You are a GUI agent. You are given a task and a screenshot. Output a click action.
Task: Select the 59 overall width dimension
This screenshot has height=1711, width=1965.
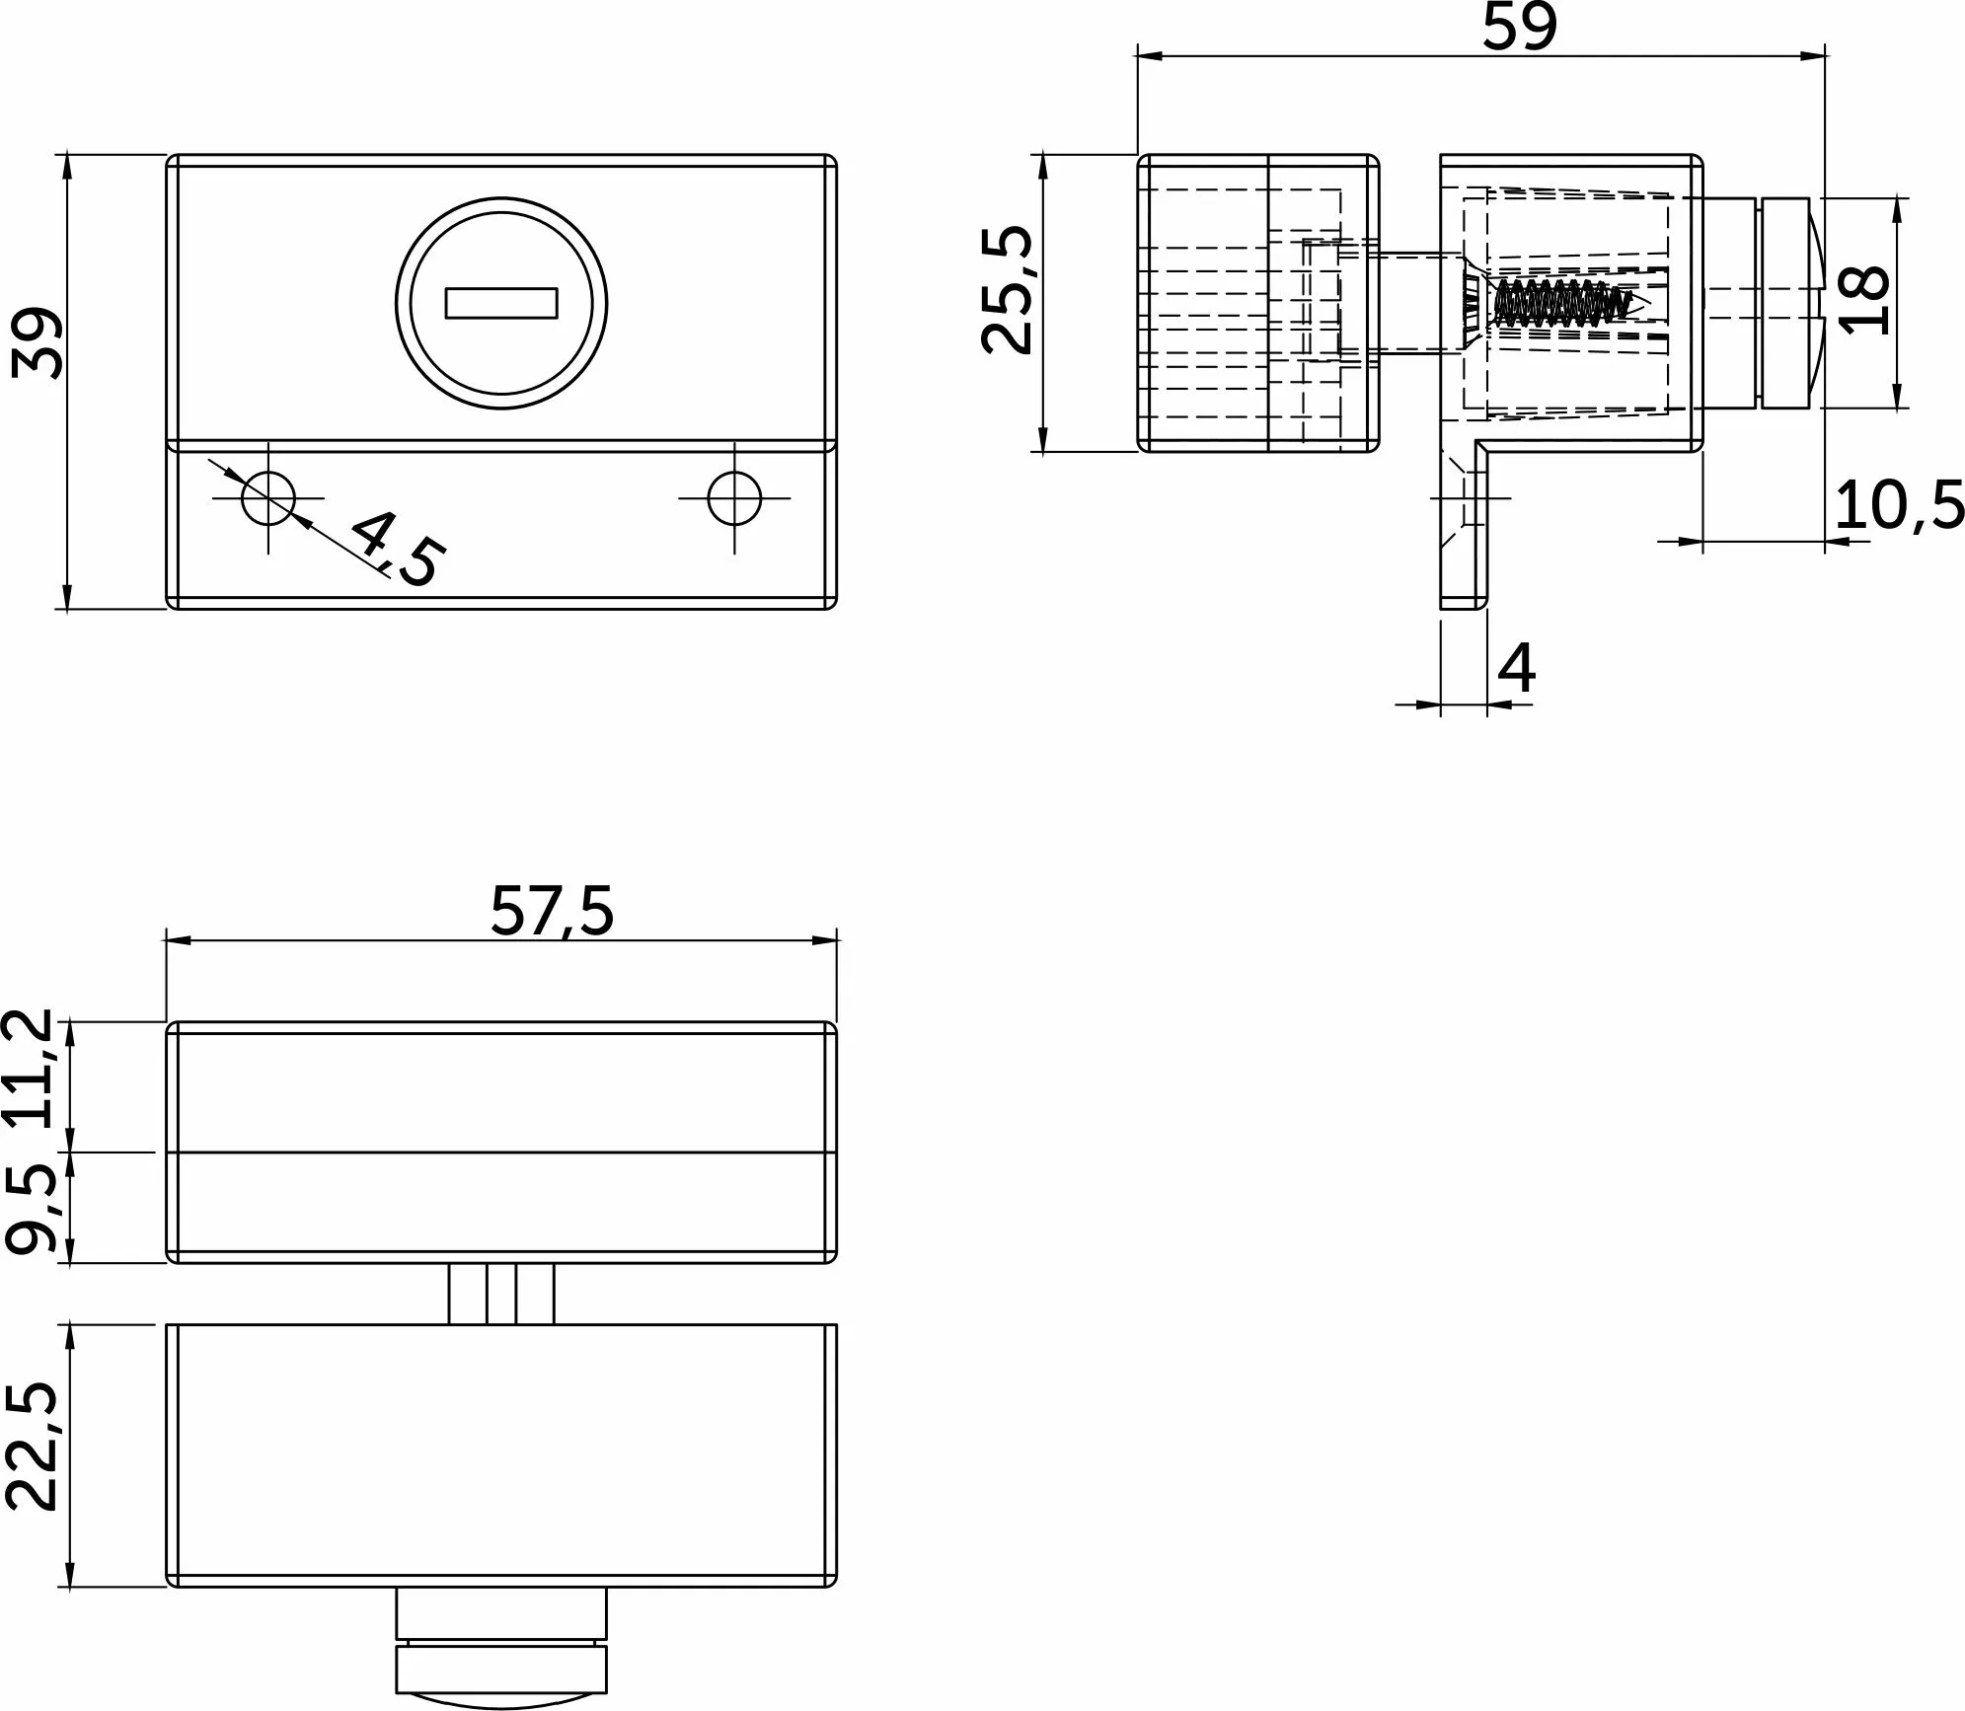(x=1520, y=27)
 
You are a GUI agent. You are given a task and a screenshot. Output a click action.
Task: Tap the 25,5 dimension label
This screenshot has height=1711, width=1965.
(x=1008, y=290)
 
